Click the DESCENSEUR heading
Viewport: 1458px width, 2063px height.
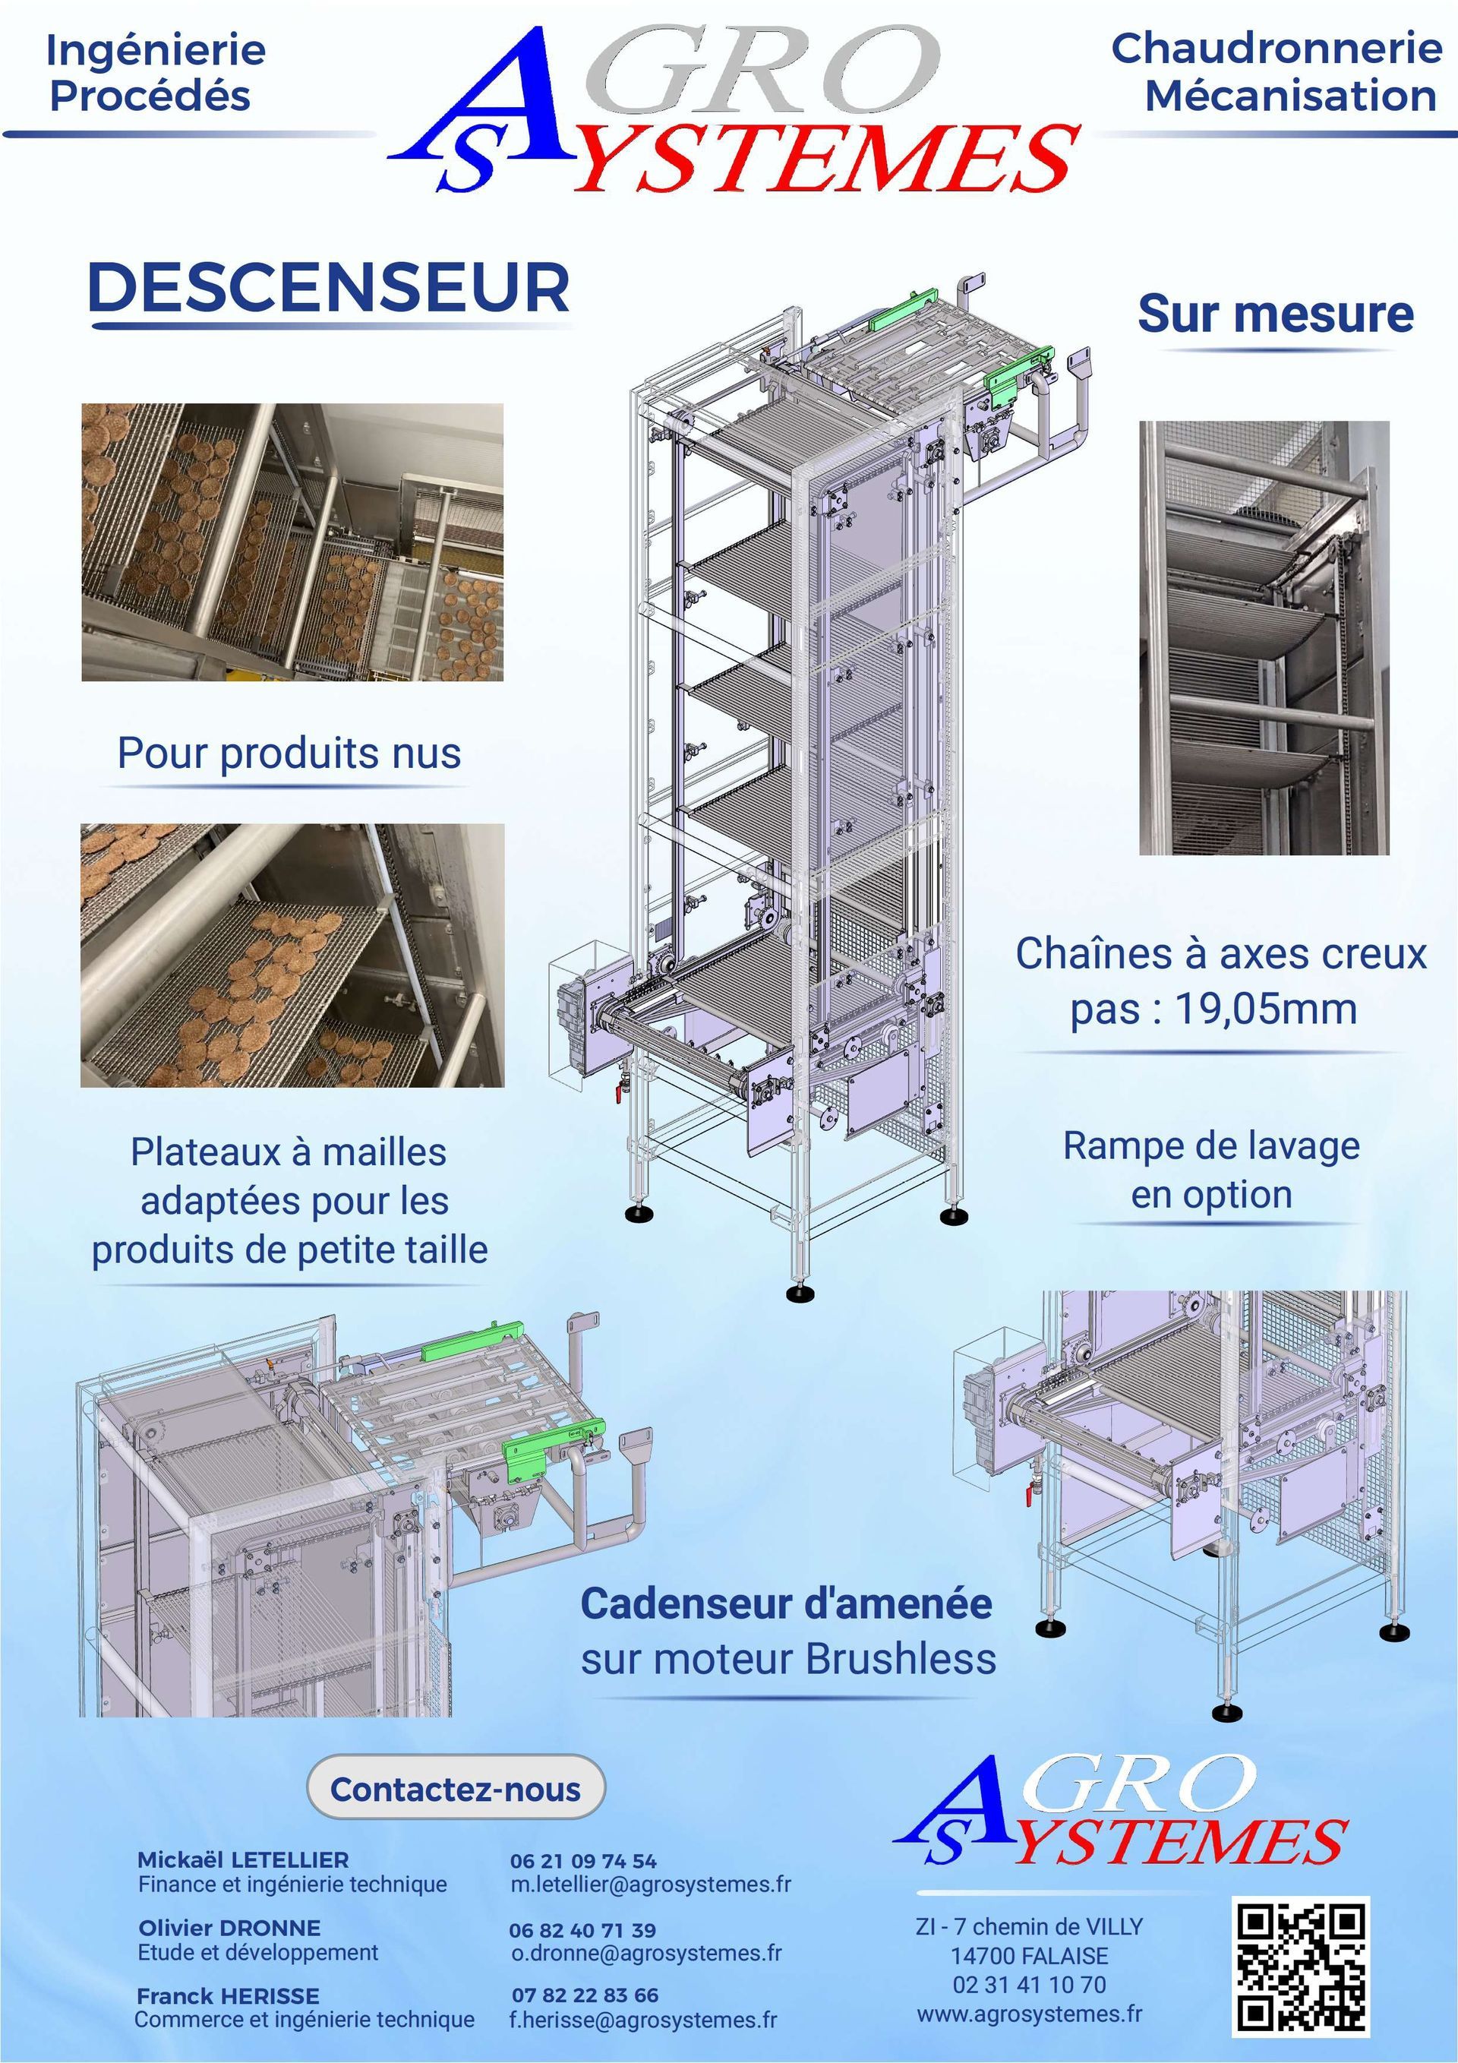(329, 289)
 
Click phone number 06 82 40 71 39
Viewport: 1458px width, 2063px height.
(582, 1930)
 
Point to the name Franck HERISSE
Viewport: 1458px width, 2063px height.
(227, 1995)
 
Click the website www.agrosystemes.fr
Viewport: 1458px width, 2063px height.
(1030, 2013)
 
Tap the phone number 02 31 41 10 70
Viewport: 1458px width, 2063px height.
(1030, 1984)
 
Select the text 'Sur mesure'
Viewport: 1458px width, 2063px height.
(1276, 314)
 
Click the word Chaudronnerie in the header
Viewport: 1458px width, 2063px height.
(1277, 49)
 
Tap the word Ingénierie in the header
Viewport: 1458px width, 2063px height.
(156, 51)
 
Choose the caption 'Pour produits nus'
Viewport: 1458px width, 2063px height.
(289, 753)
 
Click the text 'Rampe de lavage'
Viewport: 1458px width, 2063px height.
(1211, 1145)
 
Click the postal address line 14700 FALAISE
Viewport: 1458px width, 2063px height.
(1030, 1955)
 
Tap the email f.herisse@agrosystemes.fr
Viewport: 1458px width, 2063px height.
(643, 2020)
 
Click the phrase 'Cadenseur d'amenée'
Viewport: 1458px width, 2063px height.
(787, 1604)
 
